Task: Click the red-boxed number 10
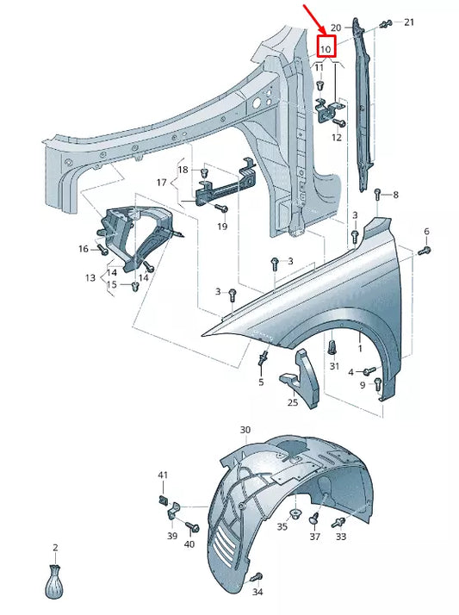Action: pyautogui.click(x=327, y=48)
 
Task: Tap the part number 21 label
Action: pyautogui.click(x=409, y=22)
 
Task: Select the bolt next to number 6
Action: pyautogui.click(x=424, y=250)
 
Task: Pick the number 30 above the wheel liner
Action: pyautogui.click(x=245, y=430)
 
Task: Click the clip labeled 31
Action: pyautogui.click(x=333, y=348)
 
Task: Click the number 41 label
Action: pyautogui.click(x=163, y=475)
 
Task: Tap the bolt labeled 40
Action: pyautogui.click(x=191, y=527)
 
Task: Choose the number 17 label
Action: pyautogui.click(x=161, y=183)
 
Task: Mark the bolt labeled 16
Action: pyautogui.click(x=102, y=250)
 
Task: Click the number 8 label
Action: pyautogui.click(x=395, y=196)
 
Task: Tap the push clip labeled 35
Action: pyautogui.click(x=296, y=515)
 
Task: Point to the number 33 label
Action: pyautogui.click(x=341, y=537)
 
